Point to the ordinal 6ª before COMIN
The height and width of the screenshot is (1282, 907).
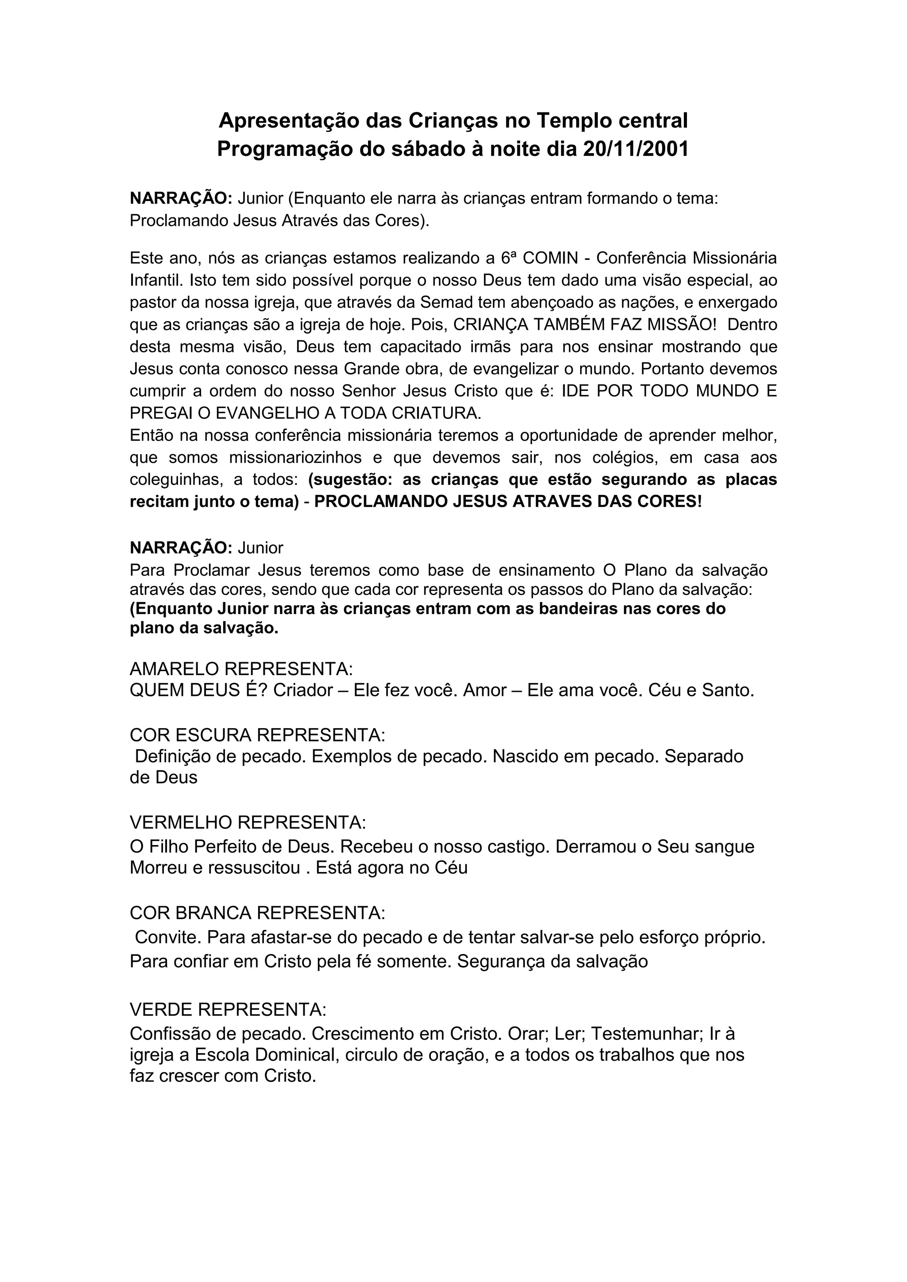point(507,258)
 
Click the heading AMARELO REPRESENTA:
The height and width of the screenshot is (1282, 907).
point(241,668)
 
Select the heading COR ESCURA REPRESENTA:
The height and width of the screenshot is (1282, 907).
point(257,735)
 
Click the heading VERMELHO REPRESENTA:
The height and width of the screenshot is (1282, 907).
point(248,822)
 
